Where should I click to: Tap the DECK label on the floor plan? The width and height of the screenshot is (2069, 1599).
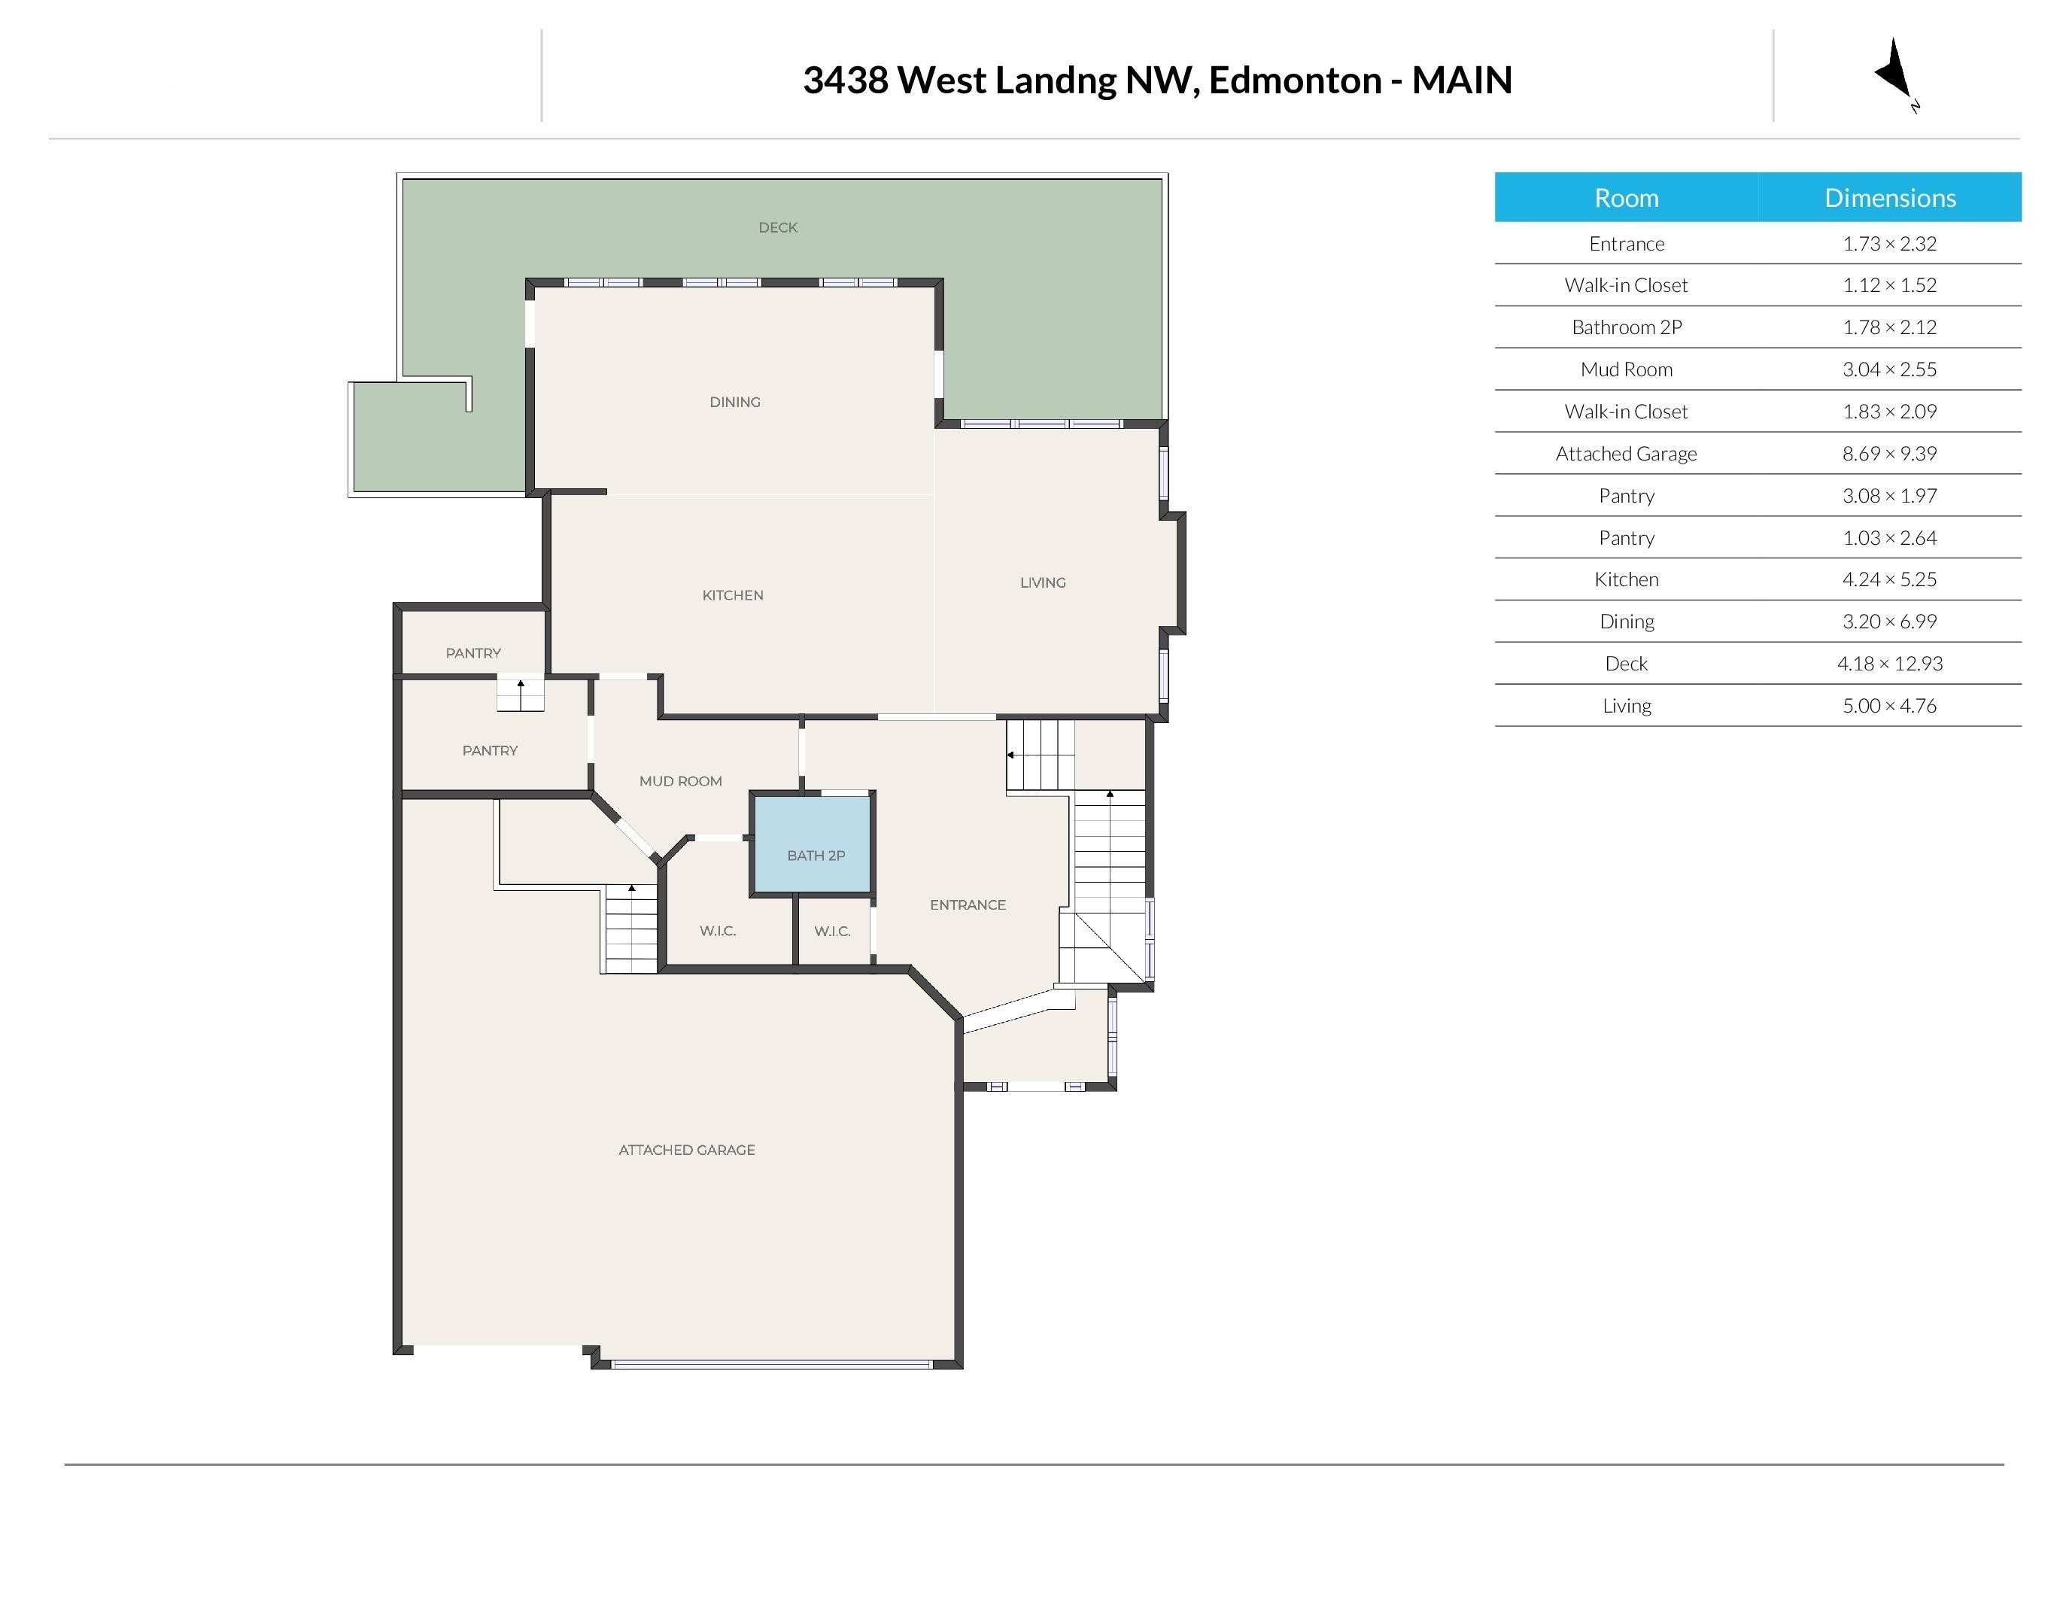[778, 227]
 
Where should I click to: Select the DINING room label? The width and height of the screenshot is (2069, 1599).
[735, 402]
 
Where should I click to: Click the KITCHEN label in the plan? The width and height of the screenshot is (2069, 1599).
[732, 595]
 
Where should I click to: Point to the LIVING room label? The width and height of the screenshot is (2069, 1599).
[1042, 582]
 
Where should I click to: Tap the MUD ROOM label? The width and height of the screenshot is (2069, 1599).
[680, 780]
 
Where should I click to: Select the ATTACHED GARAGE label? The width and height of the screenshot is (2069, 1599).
[687, 1150]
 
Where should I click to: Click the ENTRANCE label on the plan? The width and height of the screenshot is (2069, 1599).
[968, 904]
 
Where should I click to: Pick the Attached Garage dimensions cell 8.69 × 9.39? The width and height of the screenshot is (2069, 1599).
[1889, 454]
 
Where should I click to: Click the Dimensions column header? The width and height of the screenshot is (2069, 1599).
[1889, 198]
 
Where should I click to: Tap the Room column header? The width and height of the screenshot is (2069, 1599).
[1626, 198]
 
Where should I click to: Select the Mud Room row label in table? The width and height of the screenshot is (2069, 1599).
[1626, 369]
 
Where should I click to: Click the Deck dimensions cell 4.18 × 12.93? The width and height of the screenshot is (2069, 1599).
[1889, 664]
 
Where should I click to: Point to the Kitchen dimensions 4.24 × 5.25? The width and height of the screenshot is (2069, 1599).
[1889, 579]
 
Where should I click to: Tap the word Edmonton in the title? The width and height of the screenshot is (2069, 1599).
[1294, 81]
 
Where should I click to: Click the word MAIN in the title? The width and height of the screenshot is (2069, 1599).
[1462, 81]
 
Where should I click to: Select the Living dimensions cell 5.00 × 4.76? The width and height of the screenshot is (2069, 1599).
[1889, 706]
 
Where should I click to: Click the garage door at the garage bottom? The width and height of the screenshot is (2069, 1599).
[772, 1364]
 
